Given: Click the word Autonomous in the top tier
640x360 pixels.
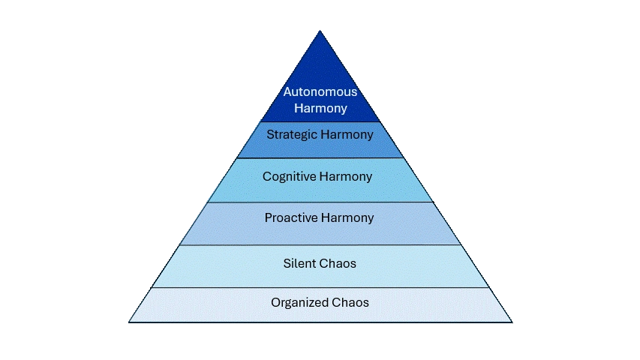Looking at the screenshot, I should (320, 92).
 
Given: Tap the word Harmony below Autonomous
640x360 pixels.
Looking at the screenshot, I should (320, 108).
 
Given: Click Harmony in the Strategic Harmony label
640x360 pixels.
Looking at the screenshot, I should (345, 135).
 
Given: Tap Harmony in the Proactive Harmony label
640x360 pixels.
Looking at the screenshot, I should (347, 218).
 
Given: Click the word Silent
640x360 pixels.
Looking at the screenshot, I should (300, 263).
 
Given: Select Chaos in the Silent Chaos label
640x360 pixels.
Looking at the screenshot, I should (338, 263).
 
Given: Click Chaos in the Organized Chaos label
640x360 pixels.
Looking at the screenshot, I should (350, 303).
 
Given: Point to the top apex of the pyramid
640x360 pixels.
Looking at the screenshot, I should (320, 31).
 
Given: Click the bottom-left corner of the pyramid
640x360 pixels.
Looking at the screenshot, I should (129, 322).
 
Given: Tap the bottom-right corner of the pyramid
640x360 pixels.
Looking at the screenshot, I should (511, 322).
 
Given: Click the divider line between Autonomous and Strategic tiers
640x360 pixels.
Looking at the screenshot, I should (320, 121).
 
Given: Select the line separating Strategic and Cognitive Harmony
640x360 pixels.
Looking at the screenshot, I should (320, 157).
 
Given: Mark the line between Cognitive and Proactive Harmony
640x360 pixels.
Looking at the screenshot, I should (320, 202).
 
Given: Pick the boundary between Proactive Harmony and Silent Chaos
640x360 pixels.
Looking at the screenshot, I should (320, 244).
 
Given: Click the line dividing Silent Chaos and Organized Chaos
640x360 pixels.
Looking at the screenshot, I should (320, 287).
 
